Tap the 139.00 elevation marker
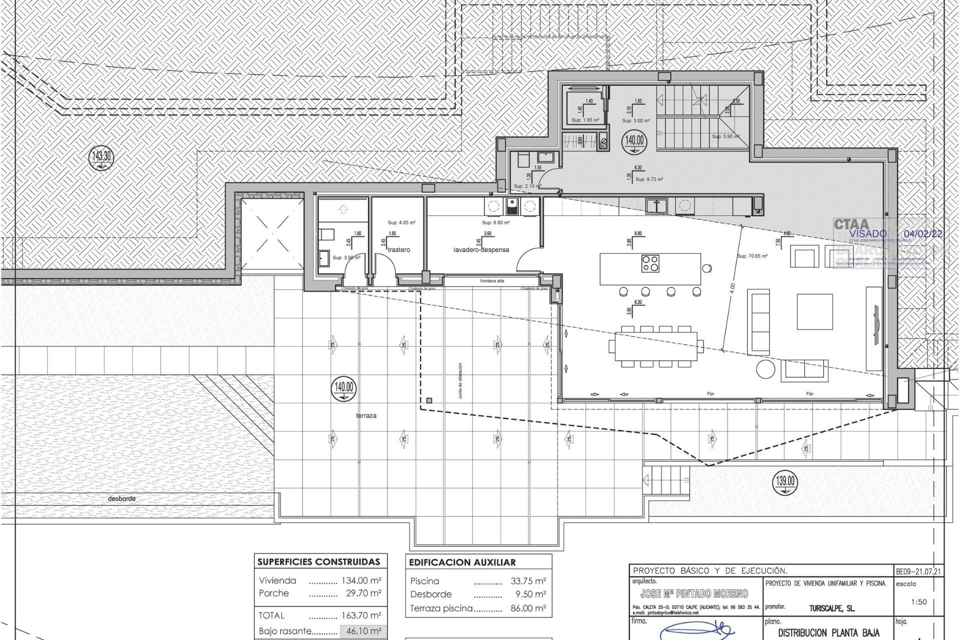tap(785, 481)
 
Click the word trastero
tap(398, 249)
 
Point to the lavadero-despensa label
tap(481, 249)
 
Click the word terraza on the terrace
tap(366, 415)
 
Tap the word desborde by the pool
tap(121, 498)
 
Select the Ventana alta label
tap(492, 281)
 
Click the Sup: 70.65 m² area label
tap(752, 256)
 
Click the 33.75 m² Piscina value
tap(528, 581)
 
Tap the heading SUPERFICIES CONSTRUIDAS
tap(318, 562)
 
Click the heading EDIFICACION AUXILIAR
tap(462, 562)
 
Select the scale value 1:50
tap(918, 602)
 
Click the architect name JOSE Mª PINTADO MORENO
tap(694, 593)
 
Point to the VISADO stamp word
tap(867, 233)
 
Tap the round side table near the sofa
tap(765, 369)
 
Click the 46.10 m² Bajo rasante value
tap(363, 631)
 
